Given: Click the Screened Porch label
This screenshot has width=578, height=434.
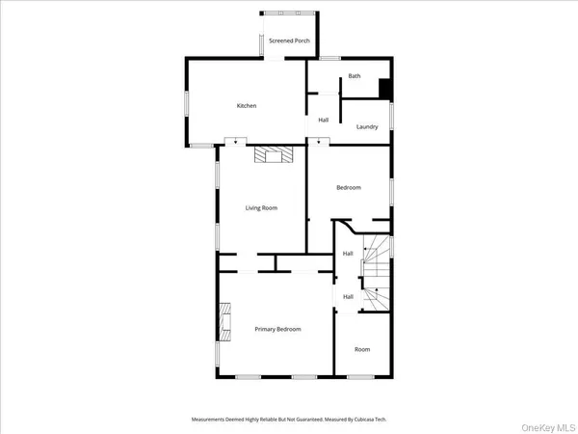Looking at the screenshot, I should (x=289, y=41).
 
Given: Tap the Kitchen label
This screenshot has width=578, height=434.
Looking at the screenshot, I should (x=247, y=105).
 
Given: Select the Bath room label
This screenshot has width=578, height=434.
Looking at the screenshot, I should (x=355, y=75).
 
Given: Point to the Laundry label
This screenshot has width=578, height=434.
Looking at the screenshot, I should (x=367, y=126).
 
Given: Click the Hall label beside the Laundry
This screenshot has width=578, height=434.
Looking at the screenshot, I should (x=324, y=120).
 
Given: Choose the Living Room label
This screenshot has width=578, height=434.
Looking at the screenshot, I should (x=261, y=207).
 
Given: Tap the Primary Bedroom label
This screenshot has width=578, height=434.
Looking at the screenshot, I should (x=277, y=329).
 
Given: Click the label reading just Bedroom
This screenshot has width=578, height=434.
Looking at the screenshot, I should (x=348, y=187).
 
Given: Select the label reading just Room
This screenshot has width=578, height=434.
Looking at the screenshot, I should (x=361, y=349).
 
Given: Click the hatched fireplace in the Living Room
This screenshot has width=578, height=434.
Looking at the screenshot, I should (x=272, y=156).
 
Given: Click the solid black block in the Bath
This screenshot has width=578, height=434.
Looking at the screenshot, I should (x=384, y=88).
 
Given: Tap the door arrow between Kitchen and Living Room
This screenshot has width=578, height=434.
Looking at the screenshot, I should (x=231, y=142).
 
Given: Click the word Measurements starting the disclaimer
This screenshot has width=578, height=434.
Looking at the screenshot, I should (x=210, y=420).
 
